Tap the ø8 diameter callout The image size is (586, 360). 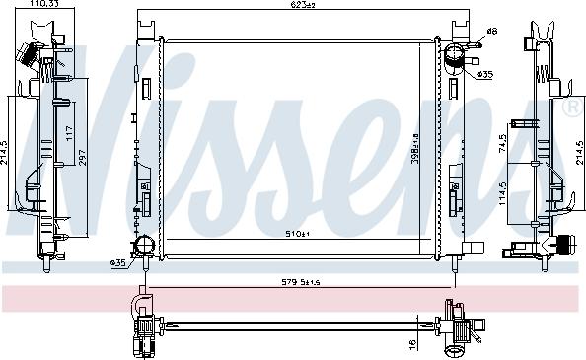pyautogui.click(x=490, y=33)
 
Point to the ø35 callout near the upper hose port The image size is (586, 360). pyautogui.click(x=484, y=75)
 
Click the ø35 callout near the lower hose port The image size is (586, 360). pyautogui.click(x=119, y=263)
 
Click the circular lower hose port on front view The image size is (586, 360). pyautogui.click(x=145, y=246)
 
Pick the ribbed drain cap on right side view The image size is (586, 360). pyautogui.click(x=566, y=245)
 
